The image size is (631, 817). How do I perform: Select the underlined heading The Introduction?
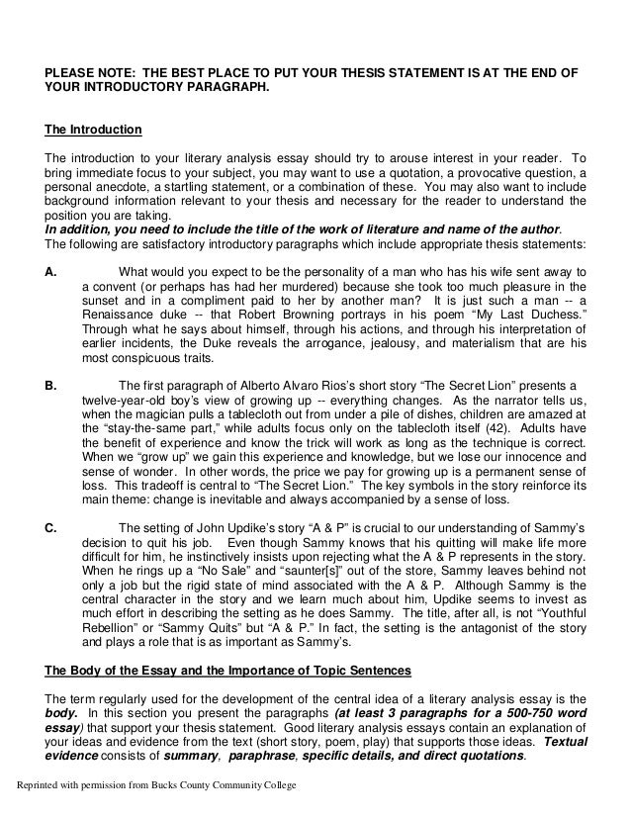[x=94, y=130]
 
